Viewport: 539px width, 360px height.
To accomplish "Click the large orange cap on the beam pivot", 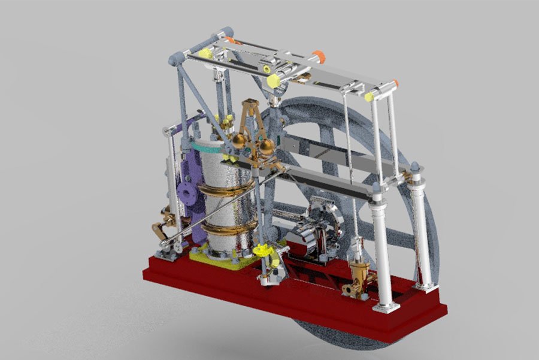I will pyautogui.click(x=320, y=57).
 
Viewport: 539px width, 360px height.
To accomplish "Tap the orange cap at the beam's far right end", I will pyautogui.click(x=396, y=83).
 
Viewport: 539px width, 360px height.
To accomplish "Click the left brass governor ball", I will pyautogui.click(x=238, y=141).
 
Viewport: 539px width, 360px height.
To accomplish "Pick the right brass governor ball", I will pyautogui.click(x=267, y=147).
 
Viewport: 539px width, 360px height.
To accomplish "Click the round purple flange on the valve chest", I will pyautogui.click(x=187, y=194).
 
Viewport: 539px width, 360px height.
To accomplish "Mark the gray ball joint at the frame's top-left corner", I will pyautogui.click(x=174, y=59).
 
